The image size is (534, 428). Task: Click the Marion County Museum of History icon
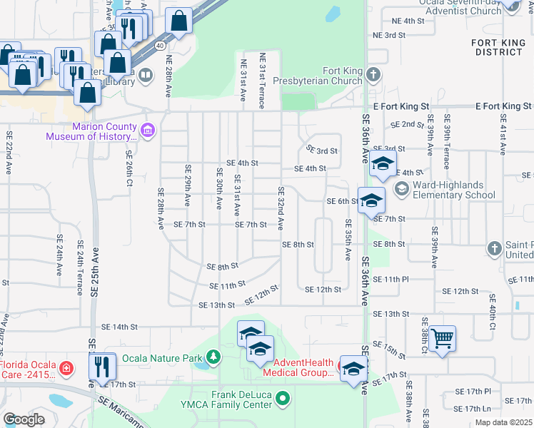tap(148, 130)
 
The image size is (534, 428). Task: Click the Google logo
tap(24, 419)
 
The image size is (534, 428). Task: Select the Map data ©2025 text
tap(503, 422)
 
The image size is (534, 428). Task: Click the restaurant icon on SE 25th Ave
tap(102, 367)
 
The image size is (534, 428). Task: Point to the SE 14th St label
tap(119, 327)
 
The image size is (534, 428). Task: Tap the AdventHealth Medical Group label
tap(298, 367)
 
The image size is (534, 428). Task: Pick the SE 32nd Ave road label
tap(281, 208)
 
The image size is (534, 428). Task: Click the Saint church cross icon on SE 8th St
tap(494, 248)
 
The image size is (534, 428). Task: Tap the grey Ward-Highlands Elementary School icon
tap(401, 189)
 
